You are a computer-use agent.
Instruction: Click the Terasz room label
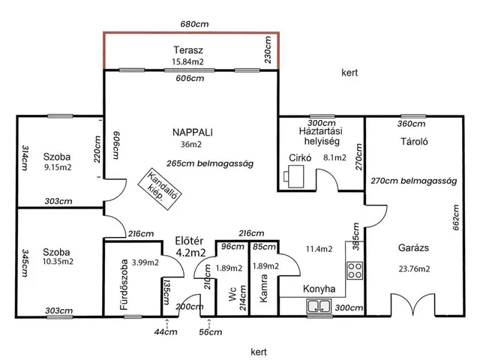coord(188,50)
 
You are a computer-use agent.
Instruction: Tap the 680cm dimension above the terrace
coord(194,24)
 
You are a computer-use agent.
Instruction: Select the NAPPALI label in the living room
coord(193,132)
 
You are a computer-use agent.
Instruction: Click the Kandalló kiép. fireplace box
coord(160,189)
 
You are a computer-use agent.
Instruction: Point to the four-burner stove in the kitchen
coord(355,270)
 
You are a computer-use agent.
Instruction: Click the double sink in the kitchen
coord(319,306)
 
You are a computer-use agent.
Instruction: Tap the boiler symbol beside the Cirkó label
coord(294,176)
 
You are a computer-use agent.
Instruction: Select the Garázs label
coord(413,247)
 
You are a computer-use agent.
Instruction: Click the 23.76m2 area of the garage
coord(414,268)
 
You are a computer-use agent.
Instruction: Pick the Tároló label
coord(414,142)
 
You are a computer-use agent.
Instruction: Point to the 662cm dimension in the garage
coord(455,217)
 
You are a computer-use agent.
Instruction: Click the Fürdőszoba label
coord(124,285)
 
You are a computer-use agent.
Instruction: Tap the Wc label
coord(232,294)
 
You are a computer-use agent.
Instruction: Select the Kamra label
coord(263,288)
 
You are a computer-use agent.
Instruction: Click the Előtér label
coord(189,241)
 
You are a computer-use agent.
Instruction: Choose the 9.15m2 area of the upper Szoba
coord(58,167)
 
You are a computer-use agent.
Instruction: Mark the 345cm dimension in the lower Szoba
coord(25,263)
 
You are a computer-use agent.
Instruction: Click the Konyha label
coord(319,289)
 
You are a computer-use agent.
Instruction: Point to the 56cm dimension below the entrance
coord(210,332)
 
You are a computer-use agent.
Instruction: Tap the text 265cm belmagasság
coord(210,163)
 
